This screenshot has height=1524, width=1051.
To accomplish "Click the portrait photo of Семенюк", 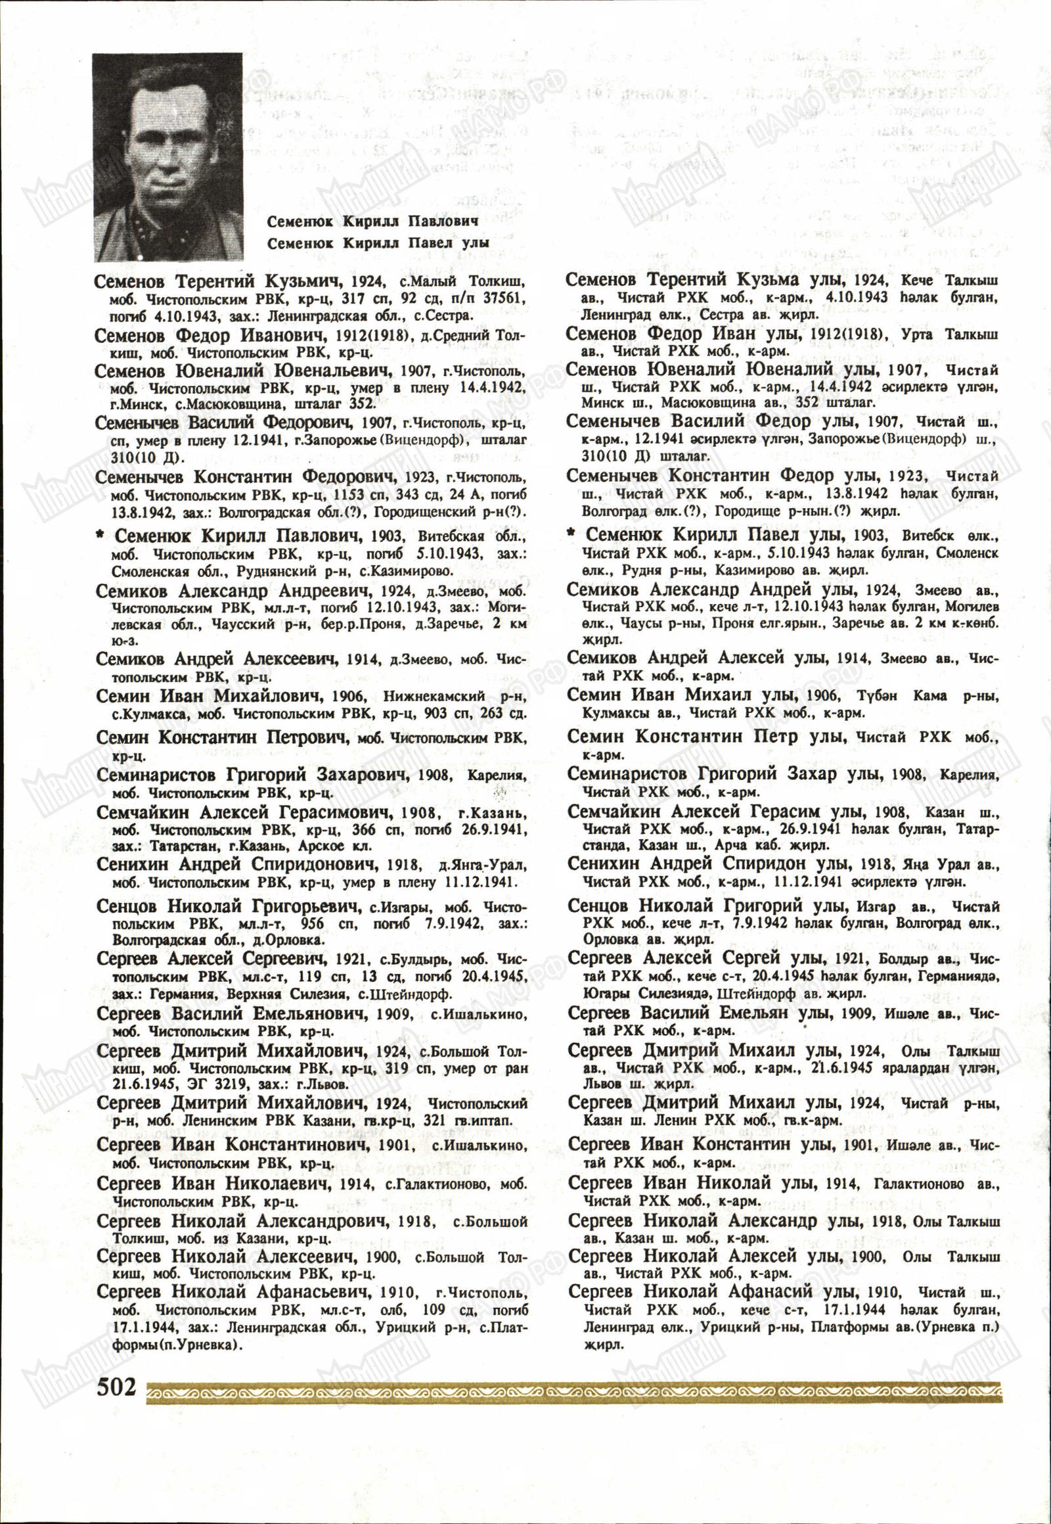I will (168, 156).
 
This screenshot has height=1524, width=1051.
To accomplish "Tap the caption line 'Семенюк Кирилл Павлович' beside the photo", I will (372, 221).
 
